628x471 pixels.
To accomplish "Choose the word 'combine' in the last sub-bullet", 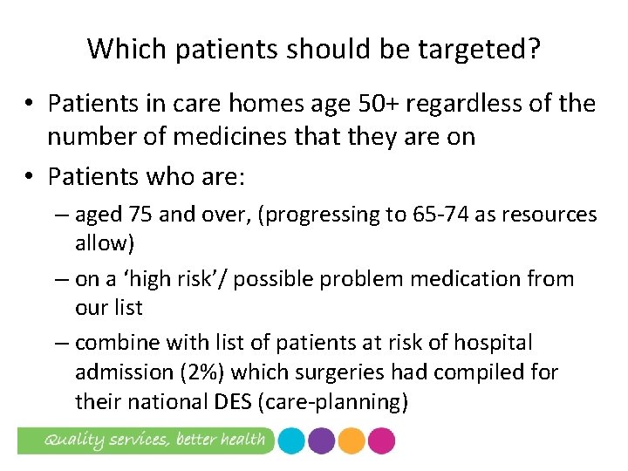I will coord(117,344).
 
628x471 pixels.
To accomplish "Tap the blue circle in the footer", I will coord(290,440).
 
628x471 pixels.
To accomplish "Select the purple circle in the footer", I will coord(321,440).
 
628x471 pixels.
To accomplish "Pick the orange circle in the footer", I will coord(352,440).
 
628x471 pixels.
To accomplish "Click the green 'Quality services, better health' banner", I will coord(144,440).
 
